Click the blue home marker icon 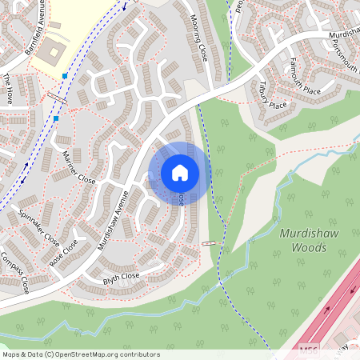pos(180,172)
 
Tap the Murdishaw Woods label pos(303,241)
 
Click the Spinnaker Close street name pos(39,228)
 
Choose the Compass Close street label pos(15,272)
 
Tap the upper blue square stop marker pos(64,77)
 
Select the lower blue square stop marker pos(56,118)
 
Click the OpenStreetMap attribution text pos(80,354)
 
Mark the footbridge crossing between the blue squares pos(57,98)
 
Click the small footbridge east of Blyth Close pos(210,243)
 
